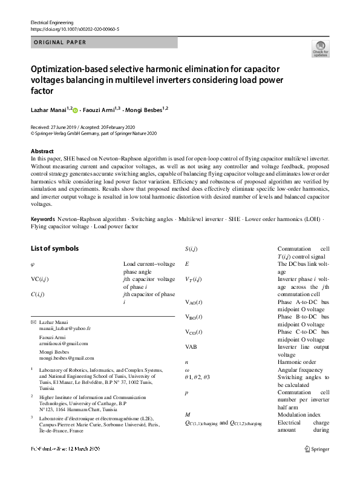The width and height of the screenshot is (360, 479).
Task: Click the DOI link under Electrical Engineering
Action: [x=74, y=28]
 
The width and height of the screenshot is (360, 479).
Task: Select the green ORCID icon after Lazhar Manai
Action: [x=76, y=110]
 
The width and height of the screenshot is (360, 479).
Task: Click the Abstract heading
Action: [x=42, y=151]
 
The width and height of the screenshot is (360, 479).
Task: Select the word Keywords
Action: [x=43, y=217]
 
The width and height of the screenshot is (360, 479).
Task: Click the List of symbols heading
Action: [x=54, y=248]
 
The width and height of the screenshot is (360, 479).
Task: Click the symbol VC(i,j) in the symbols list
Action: [x=39, y=279]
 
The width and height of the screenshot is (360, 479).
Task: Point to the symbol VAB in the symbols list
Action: [x=191, y=347]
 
